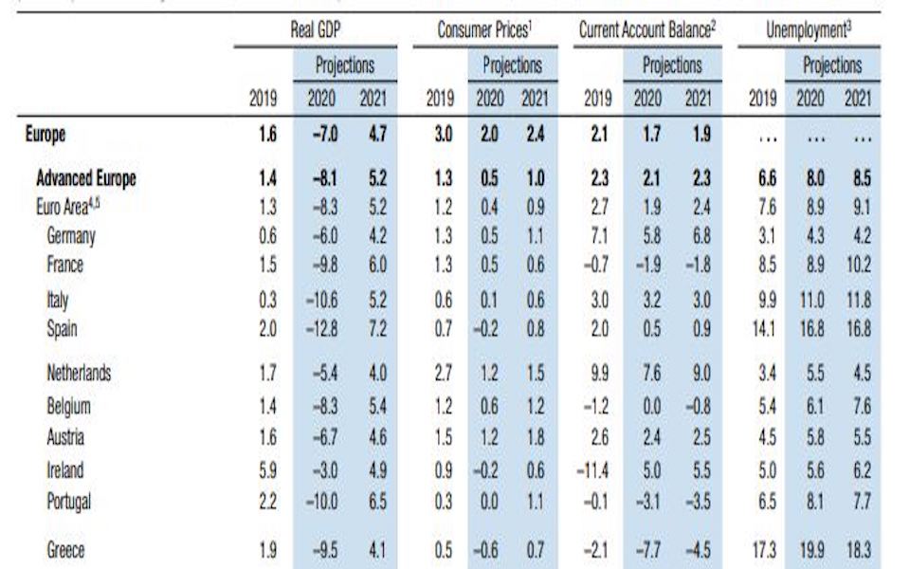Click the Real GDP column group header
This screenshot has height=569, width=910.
pyautogui.click(x=316, y=30)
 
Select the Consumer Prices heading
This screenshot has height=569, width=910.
pyautogui.click(x=483, y=30)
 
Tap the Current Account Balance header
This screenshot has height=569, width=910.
pyautogui.click(x=647, y=30)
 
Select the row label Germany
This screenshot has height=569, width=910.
pyautogui.click(x=71, y=236)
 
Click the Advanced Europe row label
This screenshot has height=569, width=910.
pyautogui.click(x=86, y=177)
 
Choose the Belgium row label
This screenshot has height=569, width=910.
pyautogui.click(x=69, y=406)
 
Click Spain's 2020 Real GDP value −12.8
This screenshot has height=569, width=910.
pyautogui.click(x=321, y=329)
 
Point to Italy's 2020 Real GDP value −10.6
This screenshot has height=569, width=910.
pyautogui.click(x=321, y=300)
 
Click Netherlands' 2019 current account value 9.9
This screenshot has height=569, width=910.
pyautogui.click(x=597, y=374)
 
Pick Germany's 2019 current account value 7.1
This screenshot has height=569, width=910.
pyautogui.click(x=597, y=236)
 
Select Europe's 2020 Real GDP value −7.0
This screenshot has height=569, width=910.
pyautogui.click(x=323, y=135)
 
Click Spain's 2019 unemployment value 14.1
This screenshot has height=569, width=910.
pyautogui.click(x=764, y=329)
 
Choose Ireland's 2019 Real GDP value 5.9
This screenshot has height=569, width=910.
pyautogui.click(x=267, y=469)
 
